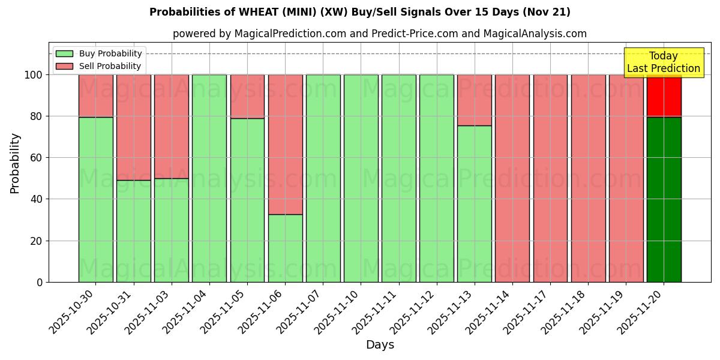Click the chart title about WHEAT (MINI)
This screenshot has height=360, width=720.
click(360, 12)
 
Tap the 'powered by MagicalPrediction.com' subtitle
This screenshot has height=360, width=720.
click(379, 34)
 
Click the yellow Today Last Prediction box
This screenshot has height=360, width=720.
click(664, 62)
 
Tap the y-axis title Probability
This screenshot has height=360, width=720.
click(15, 163)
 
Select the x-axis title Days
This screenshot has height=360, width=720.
click(380, 345)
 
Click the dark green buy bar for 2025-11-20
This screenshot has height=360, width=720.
click(664, 199)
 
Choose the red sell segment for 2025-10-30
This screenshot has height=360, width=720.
click(95, 96)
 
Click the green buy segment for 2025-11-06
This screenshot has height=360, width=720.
click(285, 248)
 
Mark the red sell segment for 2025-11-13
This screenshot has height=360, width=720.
click(475, 100)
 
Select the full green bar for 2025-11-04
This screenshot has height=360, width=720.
click(209, 178)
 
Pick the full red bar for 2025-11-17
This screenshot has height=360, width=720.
click(550, 178)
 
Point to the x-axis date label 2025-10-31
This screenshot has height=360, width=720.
click(111, 312)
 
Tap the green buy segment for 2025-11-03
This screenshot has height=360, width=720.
click(172, 230)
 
